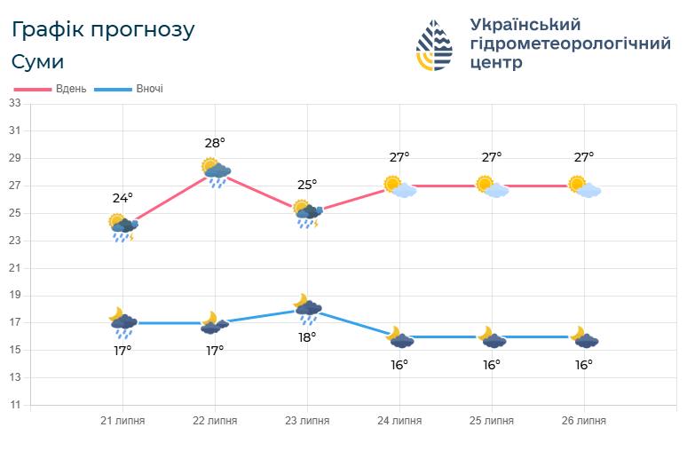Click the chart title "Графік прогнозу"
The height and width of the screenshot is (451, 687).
click(x=103, y=29)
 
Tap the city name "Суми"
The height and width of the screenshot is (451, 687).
click(x=37, y=62)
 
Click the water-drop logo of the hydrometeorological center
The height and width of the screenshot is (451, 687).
click(x=436, y=44)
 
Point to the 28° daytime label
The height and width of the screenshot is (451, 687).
click(x=215, y=142)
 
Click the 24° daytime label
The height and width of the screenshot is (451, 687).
click(x=122, y=198)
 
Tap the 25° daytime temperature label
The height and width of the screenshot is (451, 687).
click(x=307, y=185)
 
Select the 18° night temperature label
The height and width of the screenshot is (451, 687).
click(x=307, y=337)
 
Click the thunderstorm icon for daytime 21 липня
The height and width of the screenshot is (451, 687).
click(x=122, y=226)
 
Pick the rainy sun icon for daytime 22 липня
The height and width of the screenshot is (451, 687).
click(x=216, y=172)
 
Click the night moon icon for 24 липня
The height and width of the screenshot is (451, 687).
click(x=399, y=337)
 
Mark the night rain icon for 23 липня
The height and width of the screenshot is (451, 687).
click(x=307, y=309)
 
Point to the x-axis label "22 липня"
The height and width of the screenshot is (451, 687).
click(x=215, y=421)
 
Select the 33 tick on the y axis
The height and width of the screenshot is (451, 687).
click(x=14, y=104)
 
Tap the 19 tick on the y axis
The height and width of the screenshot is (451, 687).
click(x=14, y=296)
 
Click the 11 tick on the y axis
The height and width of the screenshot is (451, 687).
click(x=14, y=405)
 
